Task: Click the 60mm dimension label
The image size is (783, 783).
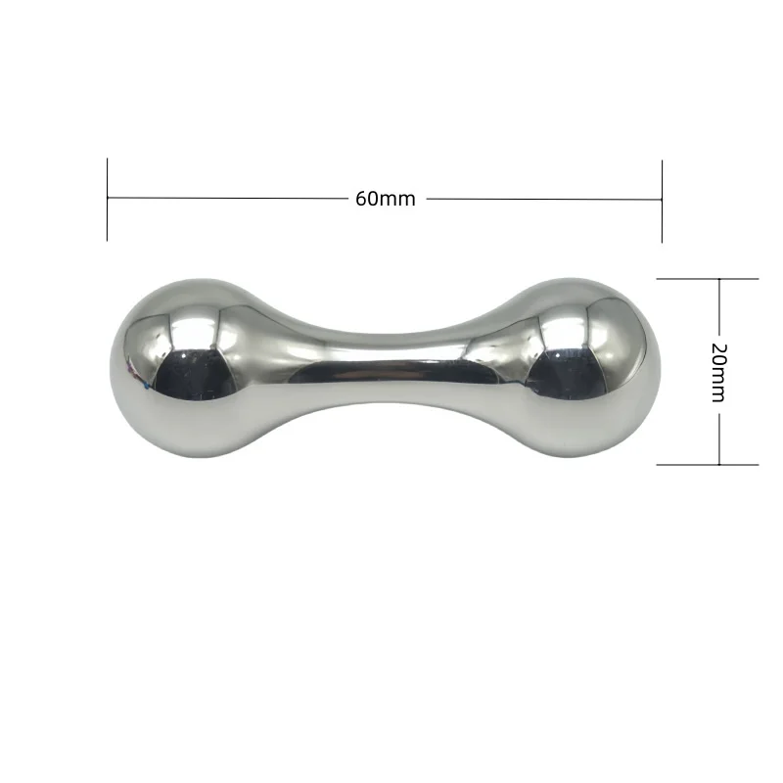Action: click(x=385, y=199)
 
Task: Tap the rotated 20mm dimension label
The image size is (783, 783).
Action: click(x=718, y=373)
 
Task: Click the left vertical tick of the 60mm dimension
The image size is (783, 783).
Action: click(x=107, y=200)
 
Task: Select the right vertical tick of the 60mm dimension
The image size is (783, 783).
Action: click(x=663, y=202)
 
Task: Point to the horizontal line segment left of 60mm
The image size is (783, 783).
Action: click(x=227, y=198)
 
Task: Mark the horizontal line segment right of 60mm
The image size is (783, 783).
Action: click(x=544, y=200)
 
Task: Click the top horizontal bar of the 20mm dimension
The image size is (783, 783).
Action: click(x=708, y=279)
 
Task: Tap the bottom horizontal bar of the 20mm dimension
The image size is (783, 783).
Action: click(x=708, y=465)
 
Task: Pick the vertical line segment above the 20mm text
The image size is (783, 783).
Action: click(x=719, y=306)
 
